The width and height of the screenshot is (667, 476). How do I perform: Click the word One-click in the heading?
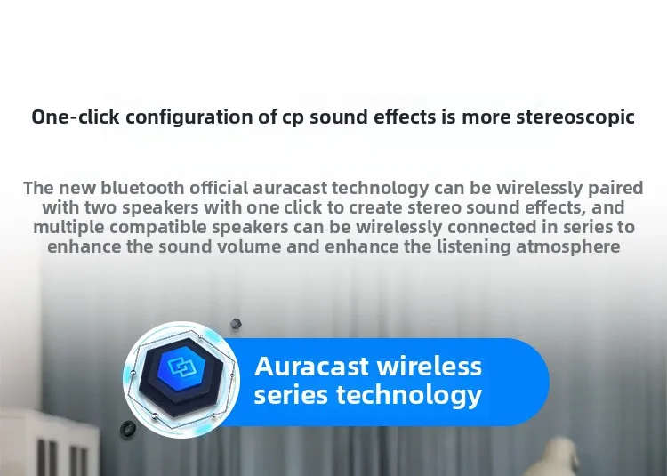coord(76,117)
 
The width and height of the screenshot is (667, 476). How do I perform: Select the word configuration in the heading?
coord(189,117)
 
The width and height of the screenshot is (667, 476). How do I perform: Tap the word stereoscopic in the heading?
coord(575,117)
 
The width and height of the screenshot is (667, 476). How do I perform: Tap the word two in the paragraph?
coord(100,207)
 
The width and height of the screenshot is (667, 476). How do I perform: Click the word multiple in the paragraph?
coord(68,228)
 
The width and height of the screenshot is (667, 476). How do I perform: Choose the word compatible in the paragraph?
coord(158,228)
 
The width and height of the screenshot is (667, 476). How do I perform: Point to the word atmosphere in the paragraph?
coord(567,247)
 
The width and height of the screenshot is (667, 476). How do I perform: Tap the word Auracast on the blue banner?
coord(312,367)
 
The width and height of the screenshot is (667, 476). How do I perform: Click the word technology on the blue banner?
coord(409,396)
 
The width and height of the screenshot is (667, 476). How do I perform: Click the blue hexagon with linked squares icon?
coord(181,367)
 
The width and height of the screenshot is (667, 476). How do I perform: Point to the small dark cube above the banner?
coord(236,324)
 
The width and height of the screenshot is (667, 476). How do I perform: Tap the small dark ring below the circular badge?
coord(127,428)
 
